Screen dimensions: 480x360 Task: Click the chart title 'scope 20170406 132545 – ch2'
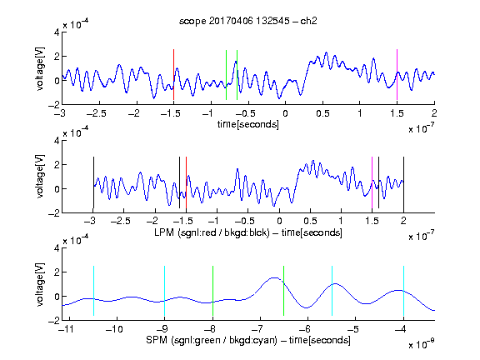247,21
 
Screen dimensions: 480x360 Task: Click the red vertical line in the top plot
173,74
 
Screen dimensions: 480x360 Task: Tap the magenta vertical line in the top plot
397,74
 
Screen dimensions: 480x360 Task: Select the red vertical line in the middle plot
186,182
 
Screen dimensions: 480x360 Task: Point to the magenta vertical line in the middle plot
372,182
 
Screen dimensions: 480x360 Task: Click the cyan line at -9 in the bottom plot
165,291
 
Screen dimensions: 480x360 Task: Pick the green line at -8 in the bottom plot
212,291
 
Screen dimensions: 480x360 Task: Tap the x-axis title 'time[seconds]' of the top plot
248,124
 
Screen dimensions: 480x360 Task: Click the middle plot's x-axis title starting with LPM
248,232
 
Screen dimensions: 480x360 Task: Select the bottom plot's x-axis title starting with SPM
248,340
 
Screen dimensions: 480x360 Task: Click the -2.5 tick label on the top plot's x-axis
97,113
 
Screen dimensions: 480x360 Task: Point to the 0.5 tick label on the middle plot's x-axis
310,221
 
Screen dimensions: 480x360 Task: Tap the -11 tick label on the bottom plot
66,329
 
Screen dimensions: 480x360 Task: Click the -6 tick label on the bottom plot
304,329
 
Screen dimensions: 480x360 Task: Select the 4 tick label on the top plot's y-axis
57,32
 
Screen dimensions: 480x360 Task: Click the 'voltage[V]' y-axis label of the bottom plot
40,285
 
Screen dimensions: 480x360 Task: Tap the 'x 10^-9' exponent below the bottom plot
422,344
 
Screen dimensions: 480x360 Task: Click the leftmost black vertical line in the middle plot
93,182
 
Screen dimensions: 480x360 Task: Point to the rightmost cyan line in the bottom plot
404,291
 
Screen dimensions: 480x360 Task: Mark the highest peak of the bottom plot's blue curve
275,277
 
